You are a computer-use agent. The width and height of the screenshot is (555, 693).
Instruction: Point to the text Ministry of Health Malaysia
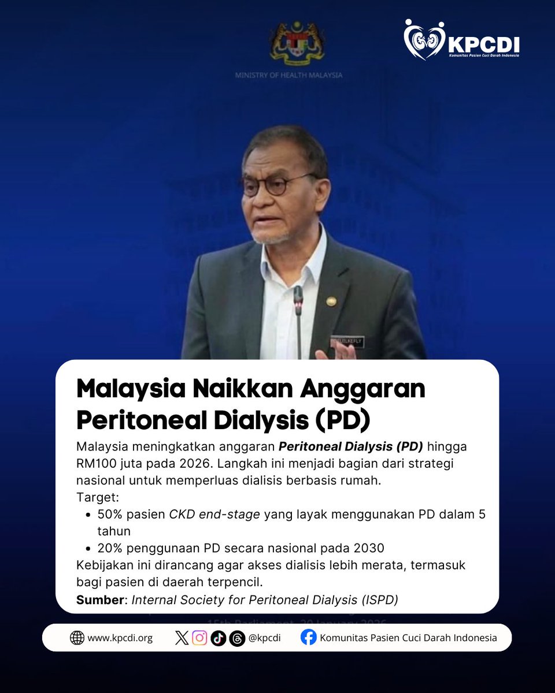coord(288,75)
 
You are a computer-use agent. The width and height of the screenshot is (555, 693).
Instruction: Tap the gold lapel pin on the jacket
coord(331,301)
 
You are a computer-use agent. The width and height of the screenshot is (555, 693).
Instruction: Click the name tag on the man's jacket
coord(348,342)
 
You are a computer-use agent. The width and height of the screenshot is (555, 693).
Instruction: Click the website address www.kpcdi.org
coord(120,638)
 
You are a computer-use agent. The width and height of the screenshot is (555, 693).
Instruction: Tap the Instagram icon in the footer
coord(199,638)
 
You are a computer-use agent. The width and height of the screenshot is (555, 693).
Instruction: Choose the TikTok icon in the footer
coord(219,638)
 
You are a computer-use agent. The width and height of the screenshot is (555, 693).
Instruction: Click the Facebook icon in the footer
coord(309,638)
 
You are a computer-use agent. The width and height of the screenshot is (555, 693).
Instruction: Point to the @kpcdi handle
coord(264,638)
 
